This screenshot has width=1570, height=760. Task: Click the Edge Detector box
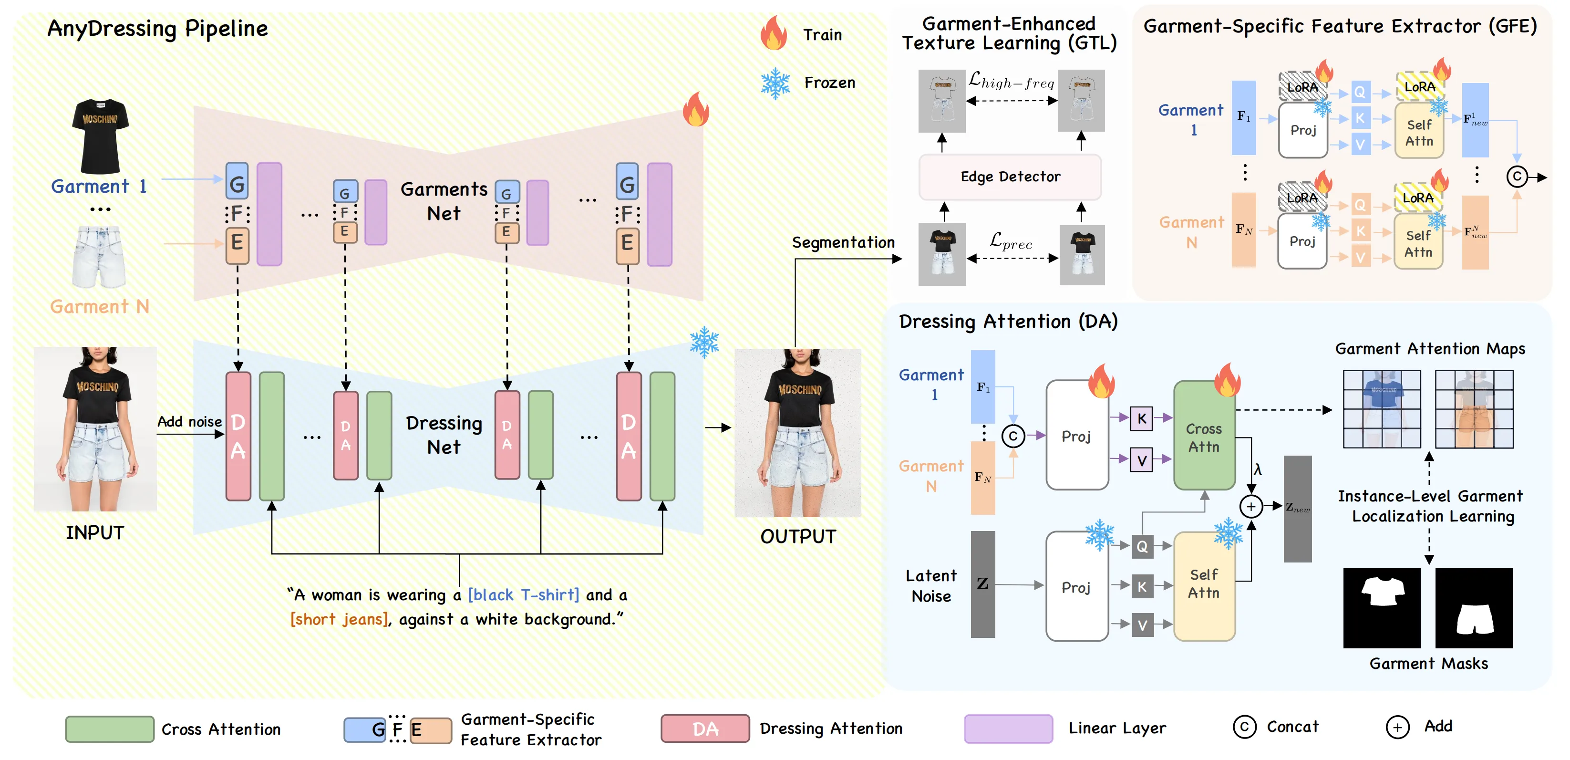[x=1010, y=177]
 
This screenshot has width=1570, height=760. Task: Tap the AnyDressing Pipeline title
[x=157, y=29]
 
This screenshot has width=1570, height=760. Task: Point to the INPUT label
[x=95, y=533]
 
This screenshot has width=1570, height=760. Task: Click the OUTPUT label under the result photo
[x=798, y=536]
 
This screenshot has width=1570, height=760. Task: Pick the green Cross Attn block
[x=1204, y=436]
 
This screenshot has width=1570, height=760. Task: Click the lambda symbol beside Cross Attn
[x=1257, y=470]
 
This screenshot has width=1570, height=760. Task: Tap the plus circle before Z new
[x=1250, y=507]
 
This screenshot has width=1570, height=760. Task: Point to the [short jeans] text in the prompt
[x=339, y=619]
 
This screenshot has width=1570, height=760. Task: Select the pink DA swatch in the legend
[x=705, y=729]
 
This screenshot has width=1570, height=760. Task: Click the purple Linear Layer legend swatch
[x=1008, y=729]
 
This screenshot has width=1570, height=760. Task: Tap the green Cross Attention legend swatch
[x=110, y=729]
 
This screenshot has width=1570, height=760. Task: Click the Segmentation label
[x=843, y=242]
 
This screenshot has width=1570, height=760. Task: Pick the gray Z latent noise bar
[x=982, y=584]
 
